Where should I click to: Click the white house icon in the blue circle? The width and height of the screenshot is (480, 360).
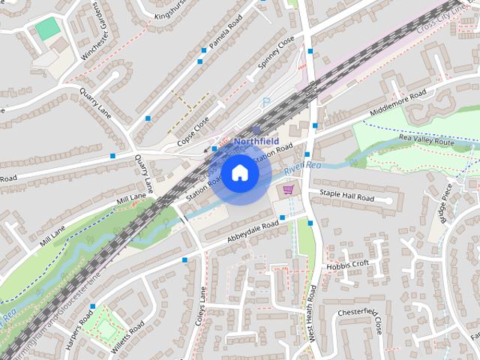tap(239, 173)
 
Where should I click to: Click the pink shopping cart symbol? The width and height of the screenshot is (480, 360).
tap(288, 191)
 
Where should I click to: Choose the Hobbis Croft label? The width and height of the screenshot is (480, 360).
tap(347, 265)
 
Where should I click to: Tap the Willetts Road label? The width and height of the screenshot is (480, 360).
tap(129, 336)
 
